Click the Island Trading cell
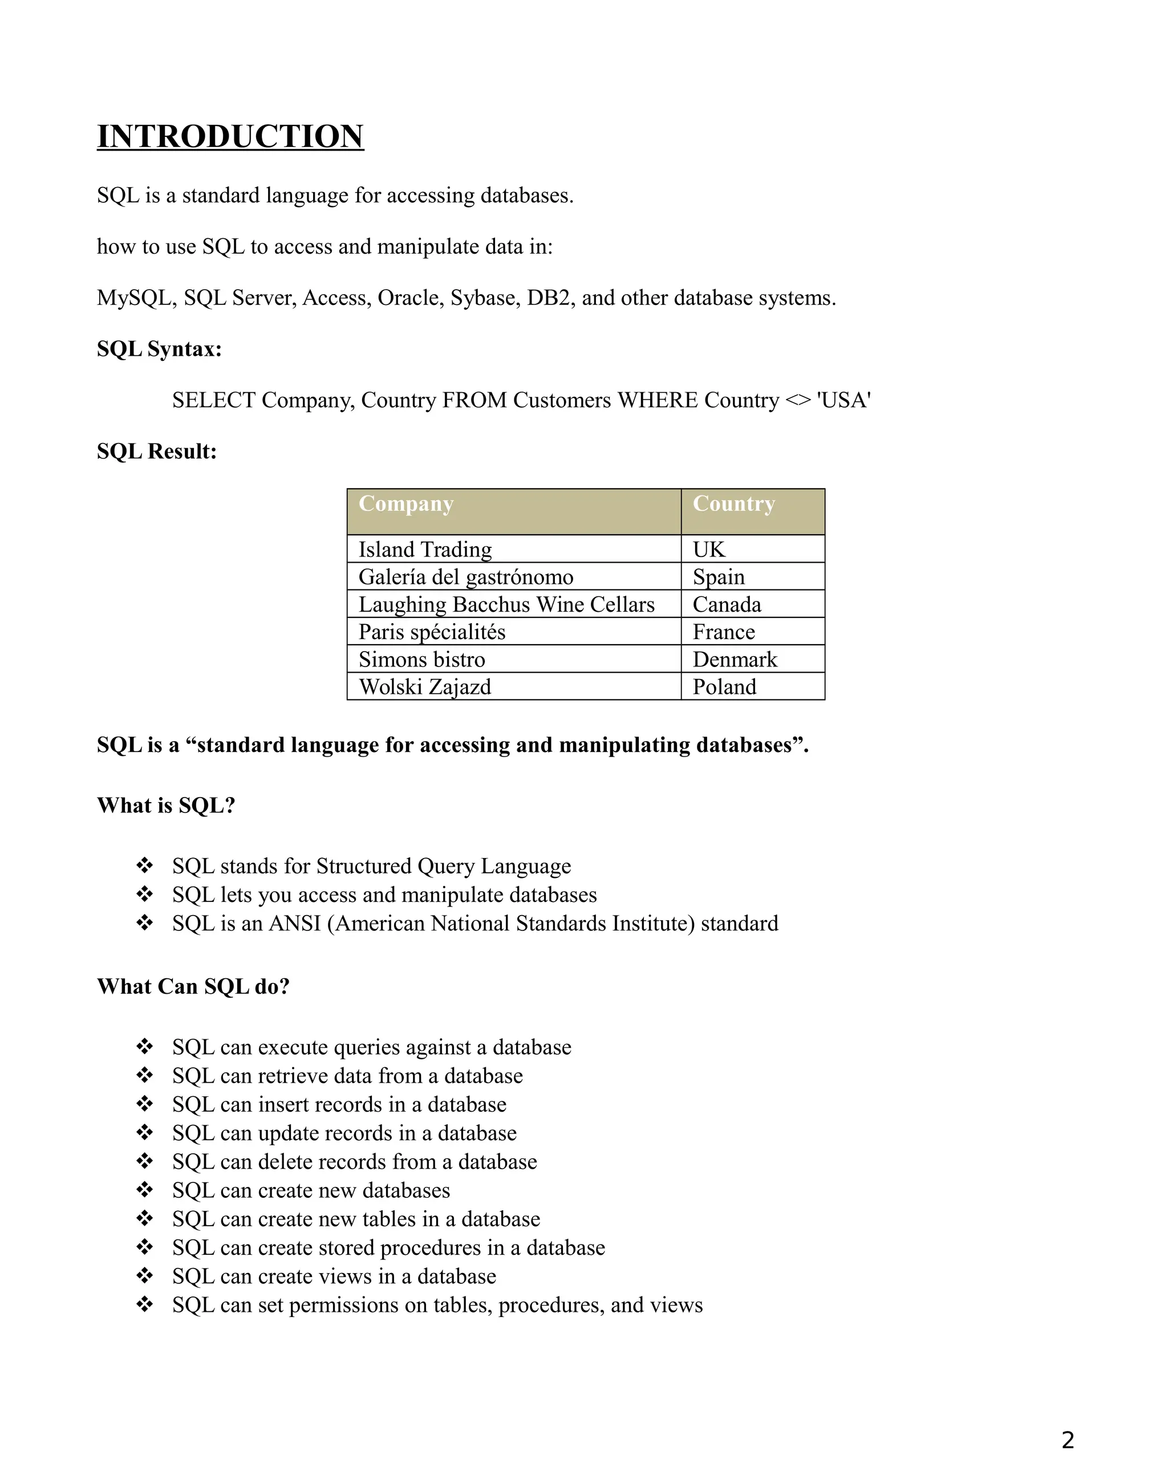pyautogui.click(x=425, y=550)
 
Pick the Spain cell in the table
pyautogui.click(x=718, y=577)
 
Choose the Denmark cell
pyautogui.click(x=735, y=660)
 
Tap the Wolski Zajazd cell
pyautogui.click(x=425, y=687)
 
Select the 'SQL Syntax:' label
pyautogui.click(x=159, y=349)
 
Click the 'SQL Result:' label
pyautogui.click(x=157, y=452)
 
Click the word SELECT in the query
pyautogui.click(x=213, y=401)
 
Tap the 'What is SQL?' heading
pyautogui.click(x=166, y=806)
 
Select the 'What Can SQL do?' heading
pyautogui.click(x=193, y=987)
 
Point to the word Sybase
pyautogui.click(x=485, y=298)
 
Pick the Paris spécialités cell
pyautogui.click(x=432, y=632)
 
